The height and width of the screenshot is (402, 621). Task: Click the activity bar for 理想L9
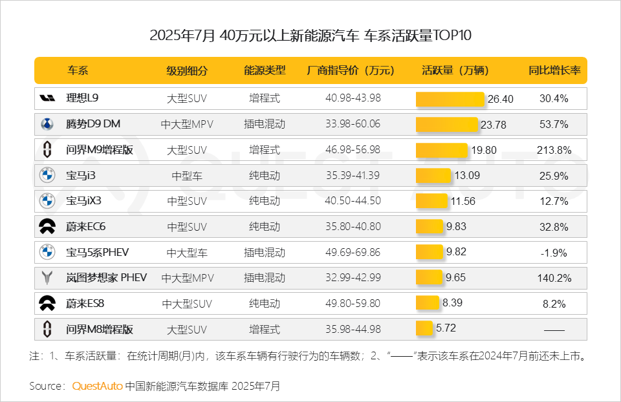[450, 99]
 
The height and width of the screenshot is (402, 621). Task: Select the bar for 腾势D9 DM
[446, 124]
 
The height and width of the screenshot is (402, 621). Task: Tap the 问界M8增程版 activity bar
[424, 328]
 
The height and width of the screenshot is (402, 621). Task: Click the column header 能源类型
[265, 70]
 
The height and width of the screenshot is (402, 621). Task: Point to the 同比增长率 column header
[554, 70]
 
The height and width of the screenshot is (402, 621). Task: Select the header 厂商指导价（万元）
[353, 70]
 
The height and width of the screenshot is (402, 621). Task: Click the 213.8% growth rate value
[554, 150]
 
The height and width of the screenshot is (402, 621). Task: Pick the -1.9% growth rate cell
[554, 252]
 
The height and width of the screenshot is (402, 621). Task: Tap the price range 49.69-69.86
[353, 252]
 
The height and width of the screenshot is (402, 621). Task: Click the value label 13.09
[467, 175]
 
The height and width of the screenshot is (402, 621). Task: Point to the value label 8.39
[453, 302]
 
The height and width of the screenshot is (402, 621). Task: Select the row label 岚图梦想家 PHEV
[106, 277]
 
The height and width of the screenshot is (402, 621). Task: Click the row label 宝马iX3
[83, 201]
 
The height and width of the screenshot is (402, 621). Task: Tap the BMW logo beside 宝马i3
[47, 175]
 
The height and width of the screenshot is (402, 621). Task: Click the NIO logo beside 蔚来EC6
[47, 226]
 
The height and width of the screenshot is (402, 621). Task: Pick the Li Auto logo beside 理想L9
[47, 99]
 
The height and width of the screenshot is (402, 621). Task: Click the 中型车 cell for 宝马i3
[187, 176]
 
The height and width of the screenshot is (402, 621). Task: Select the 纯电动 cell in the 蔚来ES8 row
[265, 303]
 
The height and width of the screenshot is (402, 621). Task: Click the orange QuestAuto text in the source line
[97, 386]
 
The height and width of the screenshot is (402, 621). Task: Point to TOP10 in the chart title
[452, 35]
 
